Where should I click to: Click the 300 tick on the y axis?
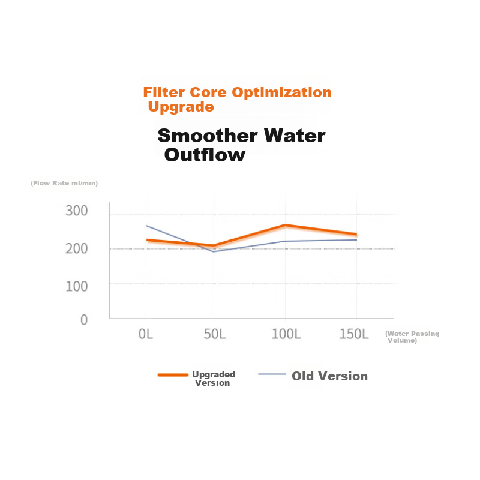[x=77, y=211]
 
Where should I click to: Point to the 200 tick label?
[x=77, y=248]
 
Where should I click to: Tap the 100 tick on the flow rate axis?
[x=77, y=287]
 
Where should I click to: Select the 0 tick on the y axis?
[x=84, y=320]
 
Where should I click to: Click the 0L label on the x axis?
[x=145, y=334]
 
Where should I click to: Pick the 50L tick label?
[x=215, y=334]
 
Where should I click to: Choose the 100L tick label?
[x=286, y=334]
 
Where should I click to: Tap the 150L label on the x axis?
[x=354, y=334]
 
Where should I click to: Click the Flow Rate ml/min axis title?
[x=64, y=183]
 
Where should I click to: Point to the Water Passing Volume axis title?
[x=412, y=337]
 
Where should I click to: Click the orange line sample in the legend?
[x=173, y=374]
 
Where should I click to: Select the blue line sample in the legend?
[x=272, y=374]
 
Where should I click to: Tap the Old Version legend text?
[x=329, y=376]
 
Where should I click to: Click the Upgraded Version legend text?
[x=214, y=379]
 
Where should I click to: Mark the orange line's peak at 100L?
[x=286, y=226]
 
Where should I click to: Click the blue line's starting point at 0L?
[x=146, y=226]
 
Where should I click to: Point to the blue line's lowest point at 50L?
[x=214, y=251]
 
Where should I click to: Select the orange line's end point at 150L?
[x=356, y=235]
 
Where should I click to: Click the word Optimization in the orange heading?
[x=281, y=92]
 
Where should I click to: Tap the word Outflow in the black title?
[x=205, y=155]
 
